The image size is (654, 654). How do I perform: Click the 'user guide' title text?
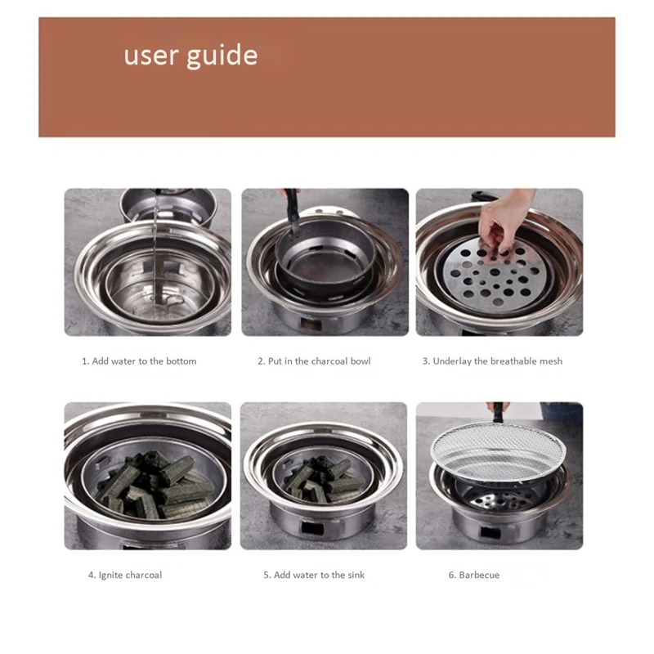[x=190, y=56]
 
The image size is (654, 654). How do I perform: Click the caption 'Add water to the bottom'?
[x=139, y=361]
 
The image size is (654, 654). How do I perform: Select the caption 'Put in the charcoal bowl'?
[x=314, y=361]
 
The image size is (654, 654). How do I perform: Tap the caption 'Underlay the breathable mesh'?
[x=492, y=361]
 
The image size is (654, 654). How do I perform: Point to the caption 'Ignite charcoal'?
[x=125, y=575]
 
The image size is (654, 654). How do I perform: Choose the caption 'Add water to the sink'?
[x=314, y=575]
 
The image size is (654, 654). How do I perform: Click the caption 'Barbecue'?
[x=473, y=575]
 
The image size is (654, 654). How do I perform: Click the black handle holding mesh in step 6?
[x=498, y=407]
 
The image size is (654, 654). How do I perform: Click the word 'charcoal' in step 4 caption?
[x=143, y=575]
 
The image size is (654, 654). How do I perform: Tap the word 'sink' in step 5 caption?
[x=354, y=575]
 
